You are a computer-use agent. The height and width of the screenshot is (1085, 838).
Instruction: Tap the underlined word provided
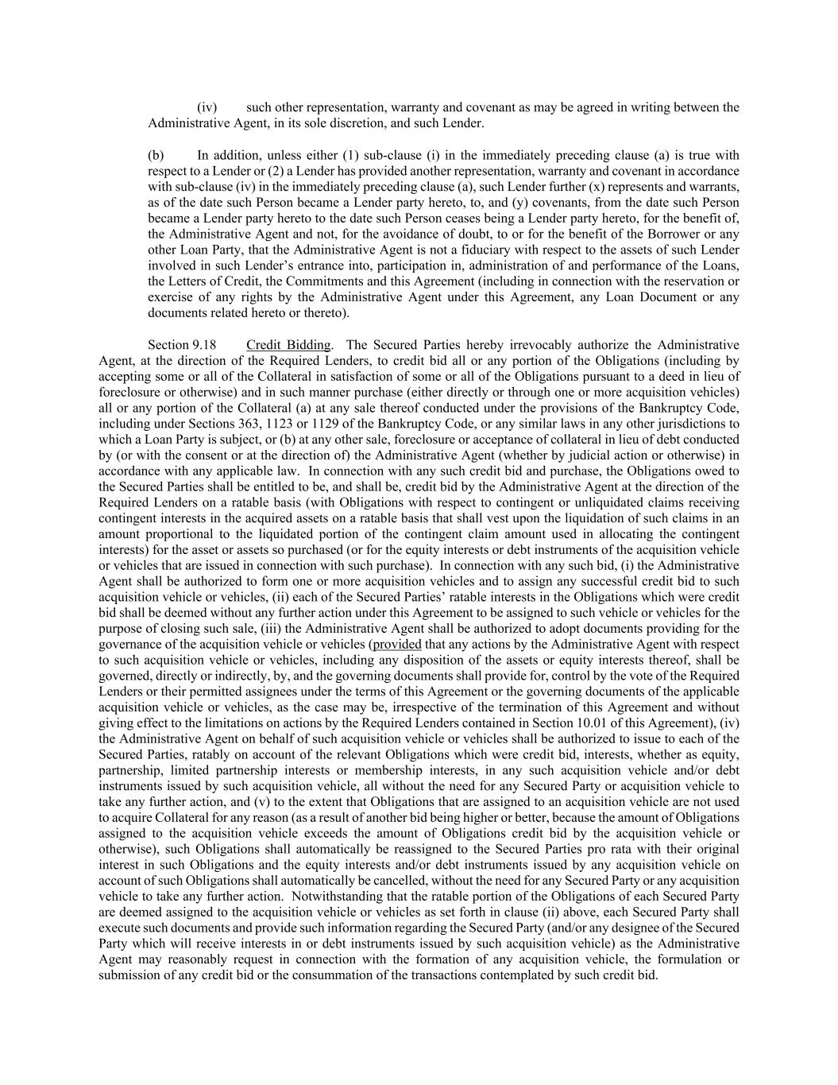(x=397, y=645)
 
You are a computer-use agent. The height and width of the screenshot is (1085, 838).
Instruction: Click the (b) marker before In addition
(x=156, y=156)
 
